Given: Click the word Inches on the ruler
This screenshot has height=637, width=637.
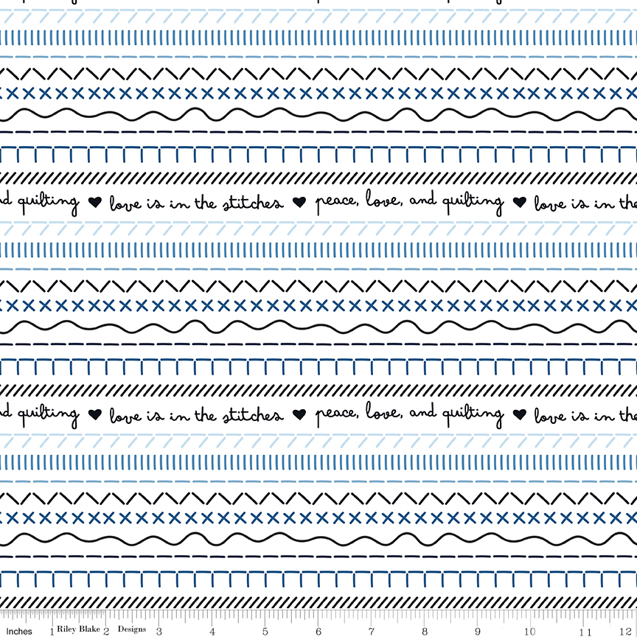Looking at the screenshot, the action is click(x=19, y=631).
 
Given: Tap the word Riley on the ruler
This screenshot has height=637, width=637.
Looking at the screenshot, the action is click(x=66, y=629).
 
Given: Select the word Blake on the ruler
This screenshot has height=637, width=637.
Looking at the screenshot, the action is click(x=89, y=628).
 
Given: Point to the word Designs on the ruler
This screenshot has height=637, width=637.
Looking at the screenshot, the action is click(x=132, y=629).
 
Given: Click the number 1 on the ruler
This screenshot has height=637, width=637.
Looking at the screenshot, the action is click(x=52, y=631).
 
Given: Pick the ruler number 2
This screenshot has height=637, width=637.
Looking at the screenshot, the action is click(x=106, y=631).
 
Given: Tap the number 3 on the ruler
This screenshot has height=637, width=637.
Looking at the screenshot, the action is click(x=159, y=631).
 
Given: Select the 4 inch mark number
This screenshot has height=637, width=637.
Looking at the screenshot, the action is click(x=212, y=631).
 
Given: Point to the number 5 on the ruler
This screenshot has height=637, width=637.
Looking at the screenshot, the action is click(x=265, y=631).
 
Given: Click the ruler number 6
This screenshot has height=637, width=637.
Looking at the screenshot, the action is click(x=318, y=631).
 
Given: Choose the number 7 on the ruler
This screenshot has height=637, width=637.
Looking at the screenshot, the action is click(x=372, y=631).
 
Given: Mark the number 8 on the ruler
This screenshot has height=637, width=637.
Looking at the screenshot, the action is click(x=425, y=631).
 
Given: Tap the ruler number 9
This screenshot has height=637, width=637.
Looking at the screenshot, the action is click(x=477, y=631).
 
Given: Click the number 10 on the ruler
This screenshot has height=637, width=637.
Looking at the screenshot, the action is click(x=530, y=631).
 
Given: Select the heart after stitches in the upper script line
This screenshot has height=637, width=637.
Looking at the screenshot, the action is click(x=299, y=202).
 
